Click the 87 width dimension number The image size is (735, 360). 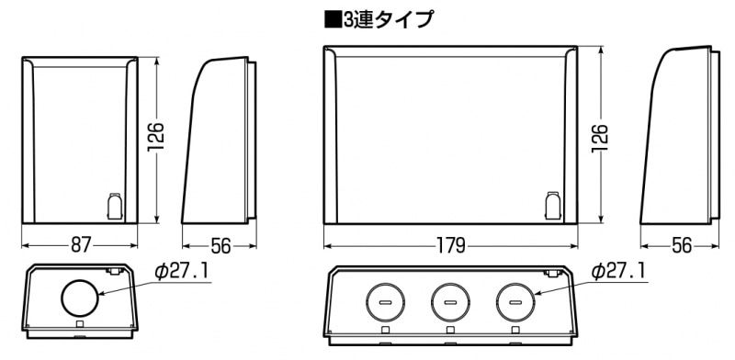[x=80, y=245]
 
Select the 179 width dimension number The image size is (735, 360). [x=450, y=245]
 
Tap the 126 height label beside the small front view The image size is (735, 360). [x=155, y=137]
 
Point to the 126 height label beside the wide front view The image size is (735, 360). [x=600, y=138]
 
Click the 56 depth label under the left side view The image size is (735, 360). [x=220, y=245]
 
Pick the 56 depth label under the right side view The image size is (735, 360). [x=682, y=245]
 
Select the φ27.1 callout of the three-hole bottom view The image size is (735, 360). [x=618, y=272]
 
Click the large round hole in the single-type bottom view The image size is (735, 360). [x=80, y=298]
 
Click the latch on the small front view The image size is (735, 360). [x=115, y=207]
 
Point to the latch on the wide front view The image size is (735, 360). [x=553, y=206]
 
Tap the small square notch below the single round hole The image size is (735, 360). [x=80, y=324]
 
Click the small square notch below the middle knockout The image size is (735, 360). [x=450, y=330]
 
